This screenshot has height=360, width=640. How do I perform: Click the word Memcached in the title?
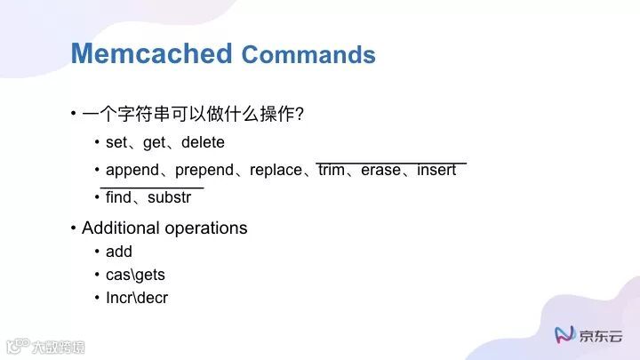[x=152, y=53]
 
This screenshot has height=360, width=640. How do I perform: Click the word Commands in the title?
[x=308, y=55]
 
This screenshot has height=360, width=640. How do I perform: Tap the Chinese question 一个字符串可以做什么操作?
[x=193, y=115]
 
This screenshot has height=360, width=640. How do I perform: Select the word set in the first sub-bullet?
[x=116, y=142]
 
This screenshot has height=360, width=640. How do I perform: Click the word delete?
[x=203, y=142]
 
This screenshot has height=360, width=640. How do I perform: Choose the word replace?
[x=276, y=170]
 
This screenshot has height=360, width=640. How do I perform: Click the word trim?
[x=331, y=170]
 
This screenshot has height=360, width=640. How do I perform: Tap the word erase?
[x=380, y=170]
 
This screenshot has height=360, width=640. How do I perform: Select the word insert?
[x=436, y=170]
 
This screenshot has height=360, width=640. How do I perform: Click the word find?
[x=118, y=197]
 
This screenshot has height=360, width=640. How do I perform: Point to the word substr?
[x=169, y=197]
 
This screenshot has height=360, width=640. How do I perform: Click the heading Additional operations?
[x=164, y=228]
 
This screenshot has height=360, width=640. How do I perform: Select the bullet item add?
[x=119, y=252]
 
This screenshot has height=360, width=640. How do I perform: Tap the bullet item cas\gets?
[x=135, y=275]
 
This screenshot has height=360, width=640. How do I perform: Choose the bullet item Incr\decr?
[x=137, y=298]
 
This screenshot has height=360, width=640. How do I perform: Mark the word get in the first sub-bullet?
[x=155, y=142]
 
